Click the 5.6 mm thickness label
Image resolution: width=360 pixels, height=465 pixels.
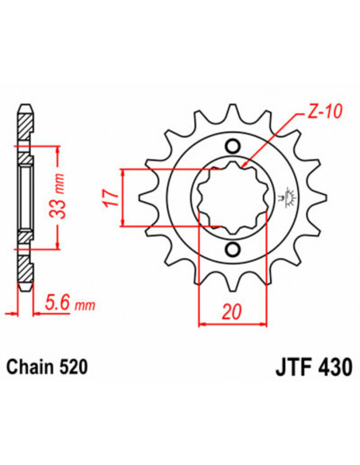[68, 303]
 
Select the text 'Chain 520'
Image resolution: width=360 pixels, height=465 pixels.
[45, 368]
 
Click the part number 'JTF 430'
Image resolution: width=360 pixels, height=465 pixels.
[299, 369]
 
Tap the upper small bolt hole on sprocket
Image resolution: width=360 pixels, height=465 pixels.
[232, 146]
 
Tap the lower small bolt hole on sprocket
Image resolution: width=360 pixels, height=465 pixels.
[232, 251]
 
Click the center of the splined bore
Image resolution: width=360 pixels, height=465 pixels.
[232, 198]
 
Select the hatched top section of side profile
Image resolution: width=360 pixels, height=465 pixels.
[26, 126]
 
